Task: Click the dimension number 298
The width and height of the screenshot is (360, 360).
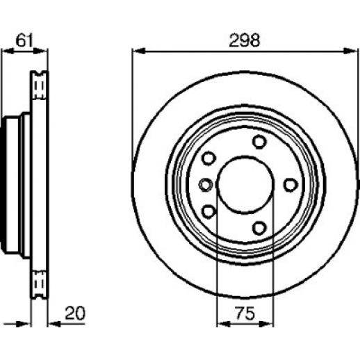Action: [x=245, y=40]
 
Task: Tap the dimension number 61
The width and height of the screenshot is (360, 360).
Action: [x=24, y=40]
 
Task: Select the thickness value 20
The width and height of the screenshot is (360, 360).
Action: [x=75, y=313]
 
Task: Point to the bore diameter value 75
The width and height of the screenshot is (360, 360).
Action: [x=245, y=313]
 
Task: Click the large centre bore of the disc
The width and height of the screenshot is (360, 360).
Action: [x=245, y=184]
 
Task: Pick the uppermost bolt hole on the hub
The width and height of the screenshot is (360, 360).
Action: [x=259, y=142]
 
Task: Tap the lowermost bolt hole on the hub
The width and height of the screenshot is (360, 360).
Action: [x=259, y=228]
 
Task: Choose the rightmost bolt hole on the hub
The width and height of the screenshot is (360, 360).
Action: [x=291, y=185]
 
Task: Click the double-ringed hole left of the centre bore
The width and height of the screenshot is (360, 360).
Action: [x=206, y=185]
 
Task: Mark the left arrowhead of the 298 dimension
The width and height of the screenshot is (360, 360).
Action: [x=138, y=51]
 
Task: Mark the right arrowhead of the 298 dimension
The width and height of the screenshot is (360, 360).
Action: [x=350, y=51]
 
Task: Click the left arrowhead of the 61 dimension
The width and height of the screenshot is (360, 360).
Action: [x=8, y=51]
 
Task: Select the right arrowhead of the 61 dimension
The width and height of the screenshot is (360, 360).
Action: [x=41, y=51]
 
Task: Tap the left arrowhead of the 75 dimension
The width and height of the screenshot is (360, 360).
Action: [x=224, y=324]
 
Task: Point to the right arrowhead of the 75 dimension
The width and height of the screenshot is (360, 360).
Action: [x=266, y=324]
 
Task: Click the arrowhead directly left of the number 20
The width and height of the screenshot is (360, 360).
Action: [x=55, y=324]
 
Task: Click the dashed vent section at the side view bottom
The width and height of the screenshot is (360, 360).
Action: [x=39, y=284]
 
